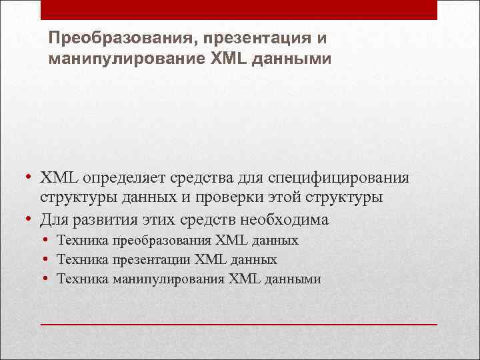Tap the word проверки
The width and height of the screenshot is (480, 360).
coord(260,198)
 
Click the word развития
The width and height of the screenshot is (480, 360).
coord(97,218)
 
